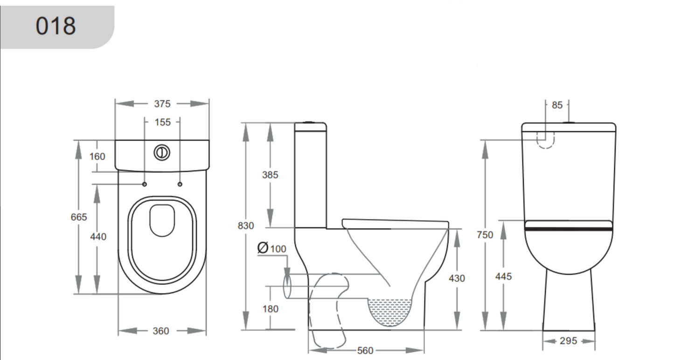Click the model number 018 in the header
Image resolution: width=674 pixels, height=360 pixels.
[56, 26]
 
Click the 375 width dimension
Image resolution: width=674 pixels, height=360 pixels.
[162, 104]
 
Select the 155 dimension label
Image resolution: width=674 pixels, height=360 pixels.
[162, 122]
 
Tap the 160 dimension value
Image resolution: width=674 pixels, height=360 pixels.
[97, 156]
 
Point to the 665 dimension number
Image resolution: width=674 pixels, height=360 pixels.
[79, 217]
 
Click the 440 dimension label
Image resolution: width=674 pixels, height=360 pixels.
[98, 236]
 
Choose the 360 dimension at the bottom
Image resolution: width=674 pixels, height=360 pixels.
[161, 331]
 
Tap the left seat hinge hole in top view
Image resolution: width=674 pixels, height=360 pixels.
[144, 184]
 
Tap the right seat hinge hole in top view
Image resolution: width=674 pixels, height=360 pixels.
[180, 184]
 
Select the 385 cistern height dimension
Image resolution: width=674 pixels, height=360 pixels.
[270, 175]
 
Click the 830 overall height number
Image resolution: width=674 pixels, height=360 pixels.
[246, 226]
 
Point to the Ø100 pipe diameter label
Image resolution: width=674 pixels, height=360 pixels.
[272, 249]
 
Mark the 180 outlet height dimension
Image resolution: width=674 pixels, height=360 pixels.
[270, 309]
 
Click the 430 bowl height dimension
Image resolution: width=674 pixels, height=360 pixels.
[457, 278]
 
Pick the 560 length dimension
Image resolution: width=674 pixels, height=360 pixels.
[365, 350]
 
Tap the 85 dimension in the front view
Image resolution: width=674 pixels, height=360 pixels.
[557, 105]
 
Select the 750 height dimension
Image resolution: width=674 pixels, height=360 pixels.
[485, 235]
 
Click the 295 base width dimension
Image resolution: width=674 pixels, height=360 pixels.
[568, 341]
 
